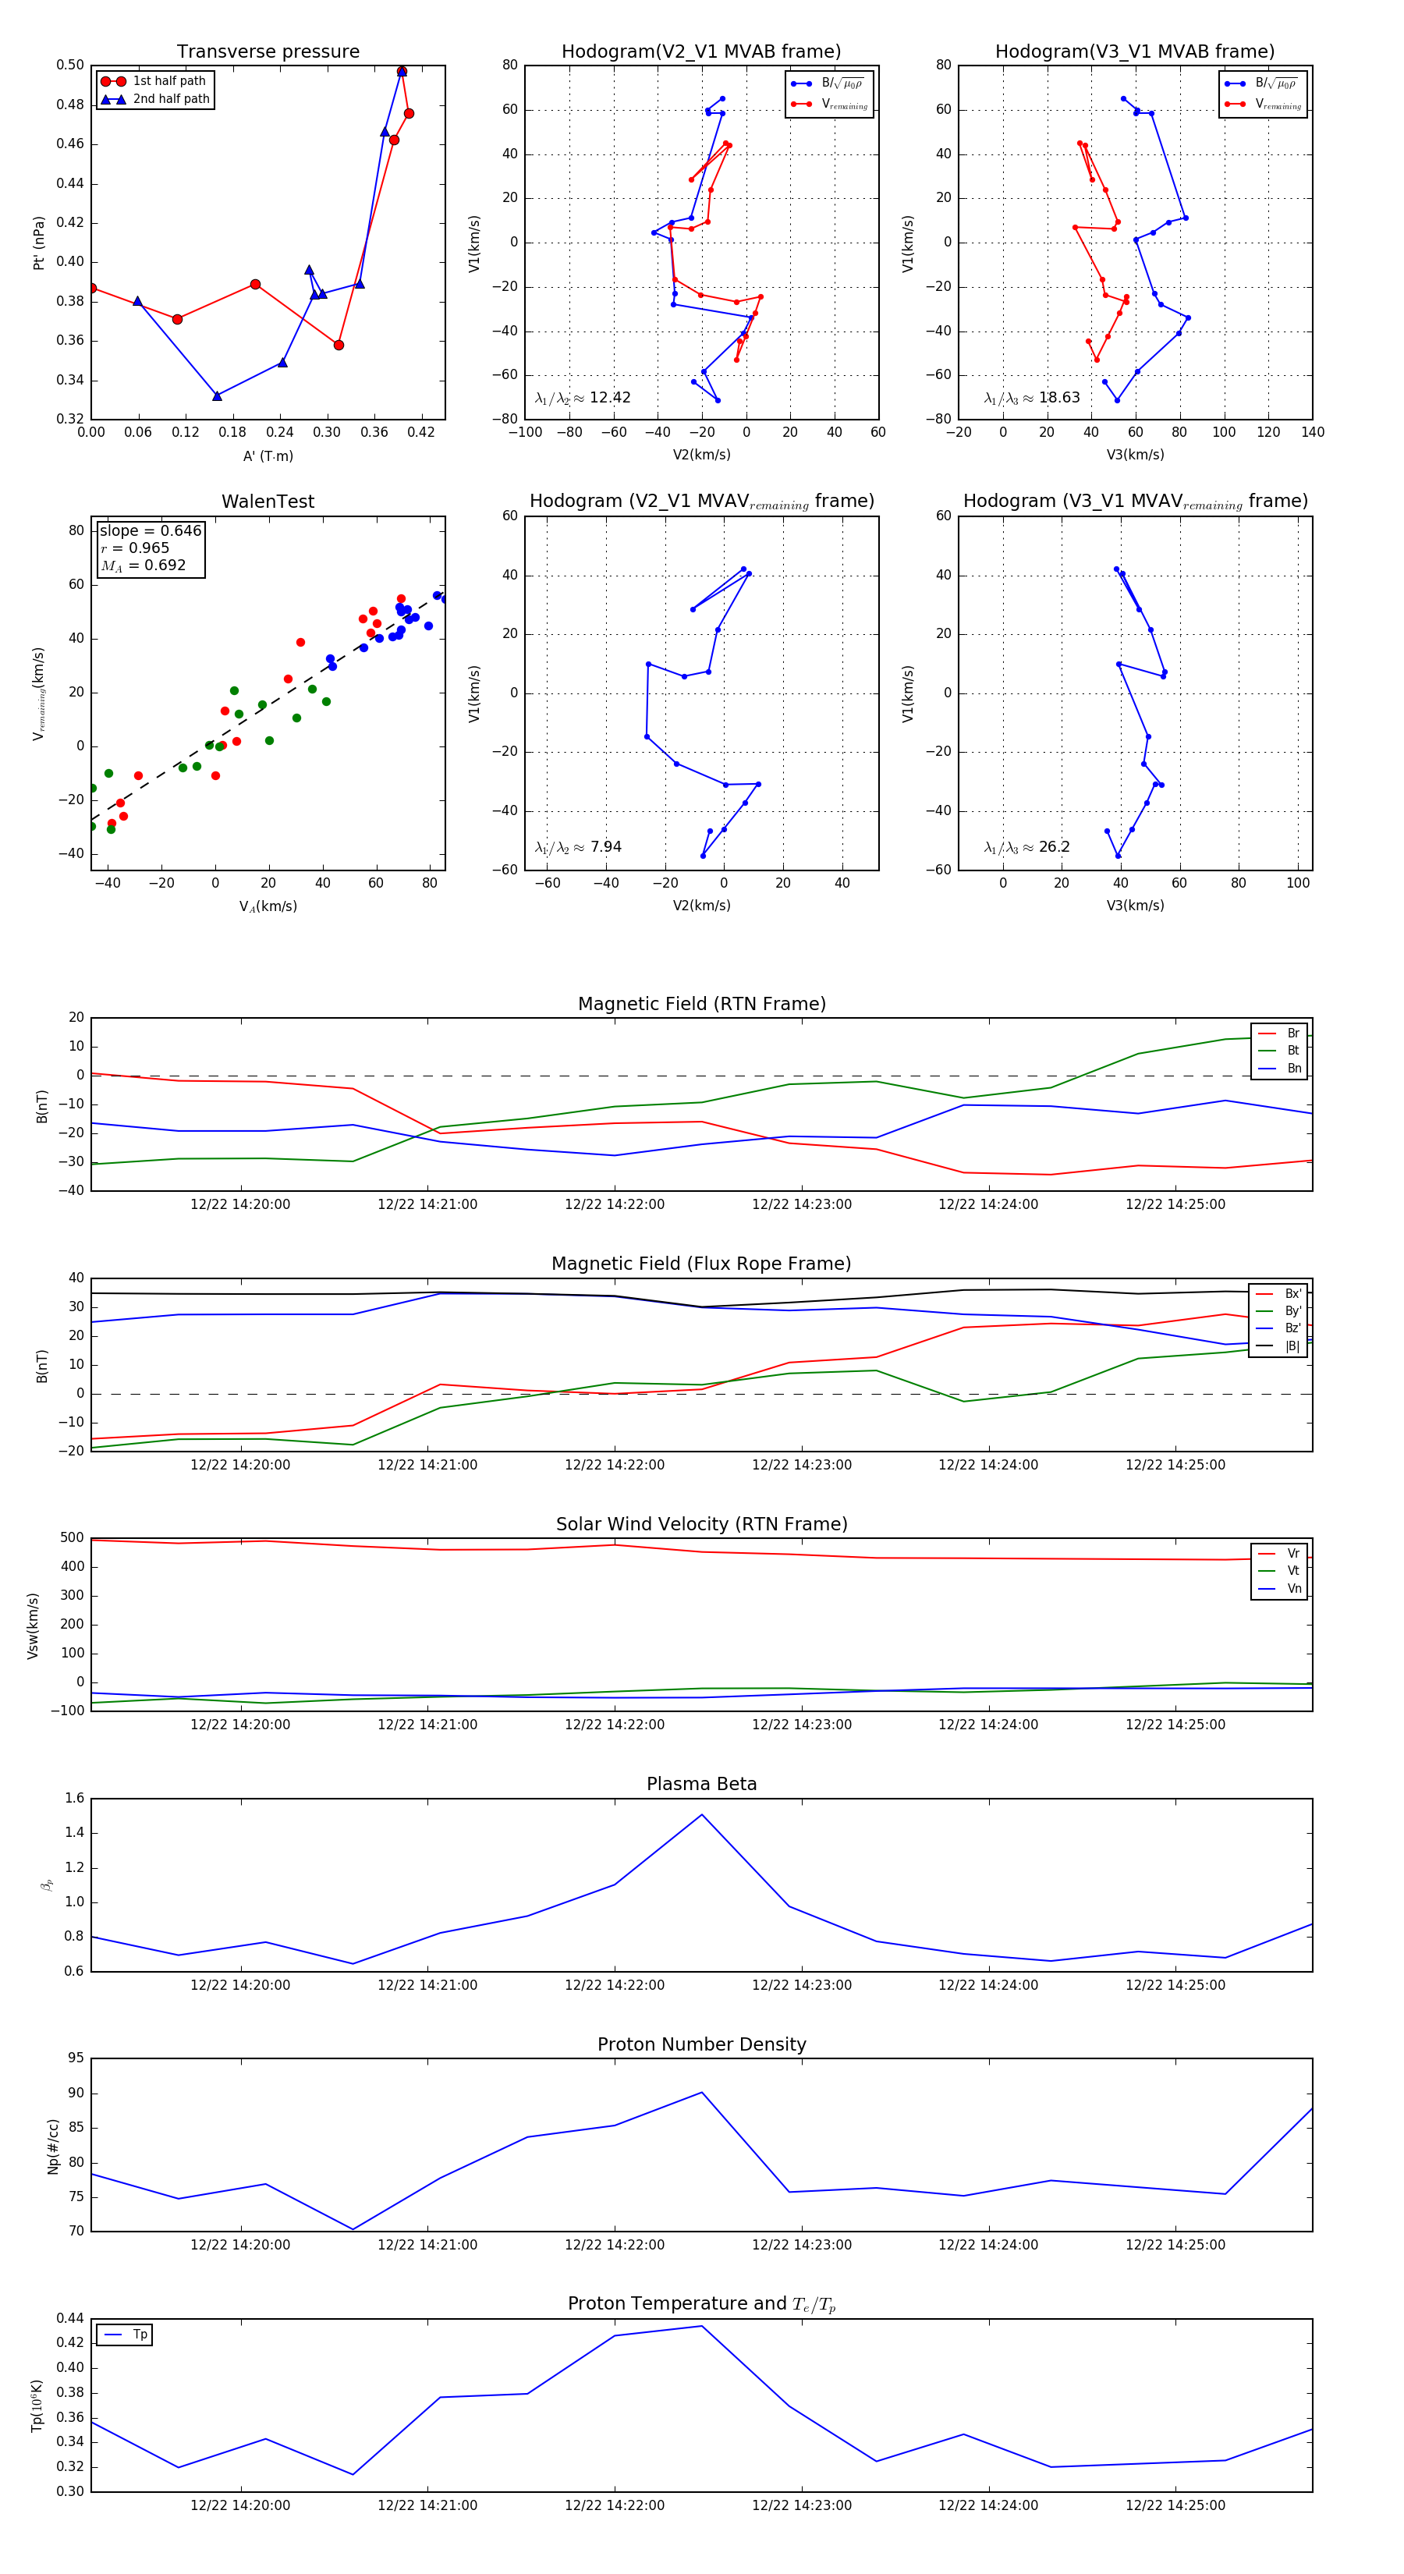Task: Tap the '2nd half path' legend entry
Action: tap(171, 99)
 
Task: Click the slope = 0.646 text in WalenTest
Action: tap(150, 530)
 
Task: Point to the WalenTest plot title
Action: tap(268, 502)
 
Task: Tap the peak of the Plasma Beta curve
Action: tap(701, 1814)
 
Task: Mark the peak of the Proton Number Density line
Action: tap(701, 2093)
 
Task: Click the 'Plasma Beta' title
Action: tap(701, 1784)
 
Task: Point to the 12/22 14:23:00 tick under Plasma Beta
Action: tap(801, 1984)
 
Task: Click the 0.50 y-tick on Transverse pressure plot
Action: tap(70, 65)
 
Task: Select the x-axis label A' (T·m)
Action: tap(268, 456)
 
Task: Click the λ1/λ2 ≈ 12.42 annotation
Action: tap(583, 398)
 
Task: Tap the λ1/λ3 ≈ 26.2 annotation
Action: tap(1026, 846)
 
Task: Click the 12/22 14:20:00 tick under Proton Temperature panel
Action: tap(239, 2505)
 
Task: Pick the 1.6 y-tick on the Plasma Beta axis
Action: tap(75, 1798)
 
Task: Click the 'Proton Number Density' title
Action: tap(701, 2044)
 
